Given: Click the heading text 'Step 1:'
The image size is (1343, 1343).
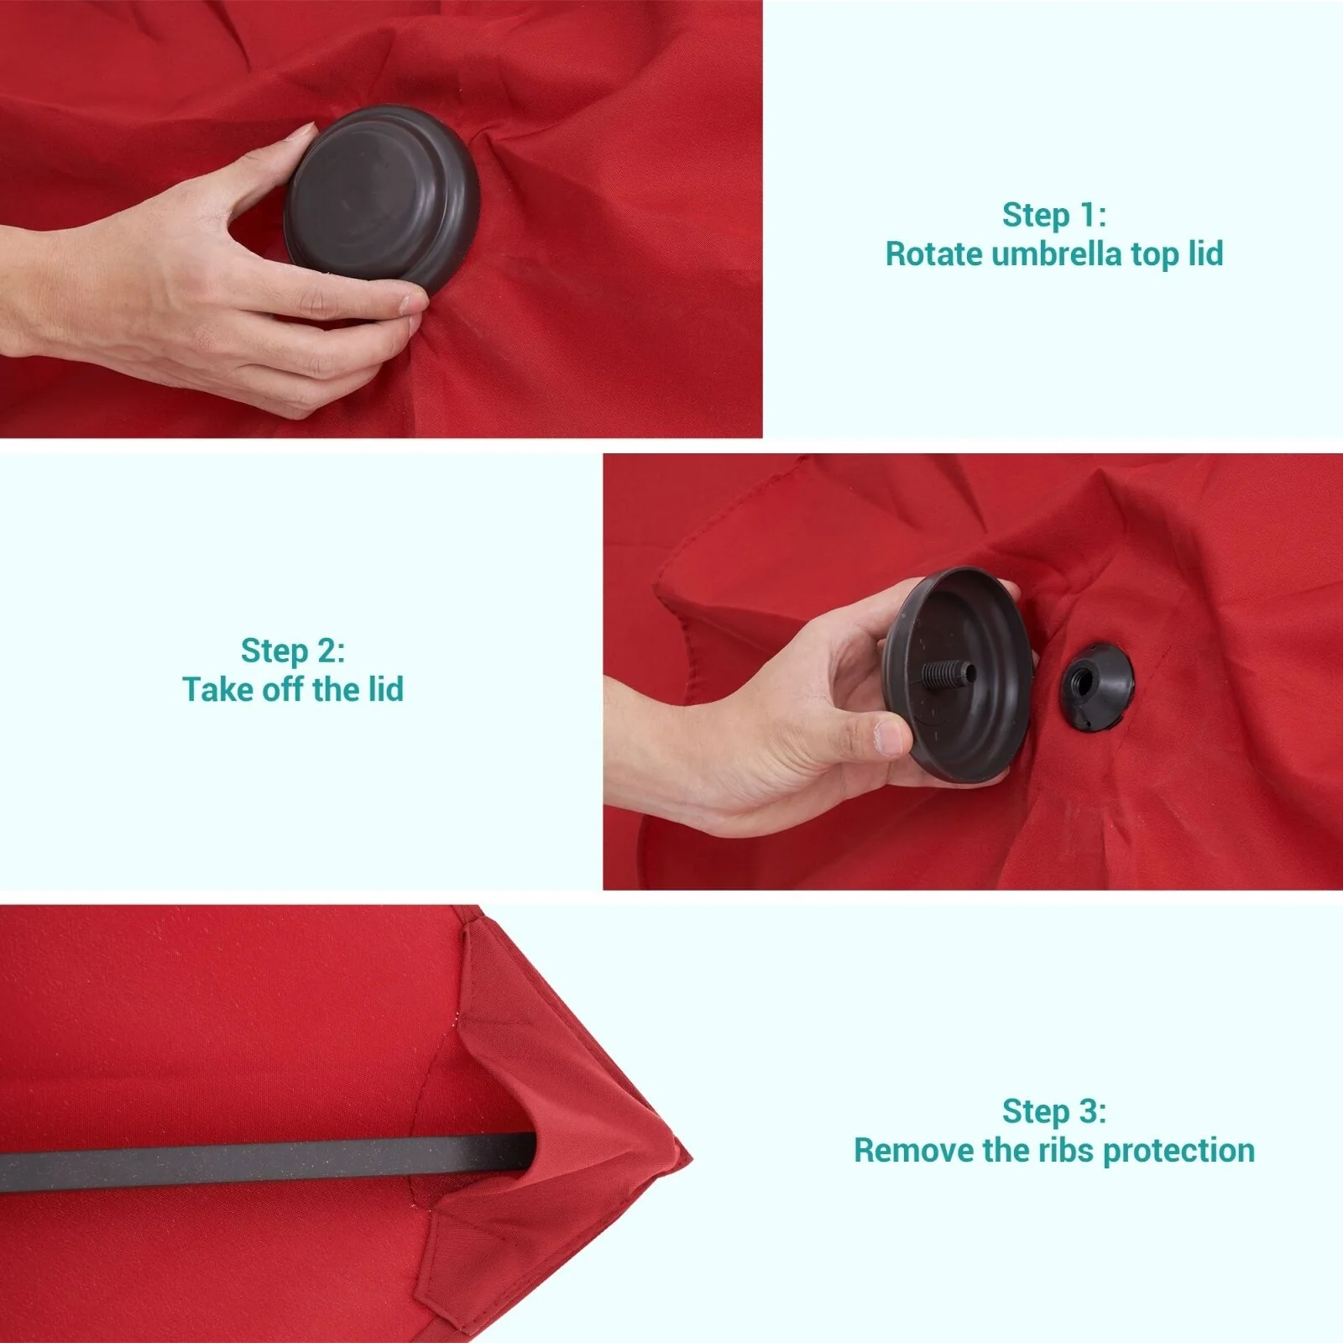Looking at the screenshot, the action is click(x=1054, y=215).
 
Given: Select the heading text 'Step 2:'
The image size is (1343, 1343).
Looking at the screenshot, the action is click(x=293, y=651).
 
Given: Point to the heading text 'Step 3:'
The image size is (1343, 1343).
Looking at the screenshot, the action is click(x=1054, y=1111).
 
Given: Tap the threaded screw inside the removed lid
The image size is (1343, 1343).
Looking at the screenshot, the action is click(x=948, y=672).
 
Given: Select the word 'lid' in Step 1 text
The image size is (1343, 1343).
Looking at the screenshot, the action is click(x=1205, y=253).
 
